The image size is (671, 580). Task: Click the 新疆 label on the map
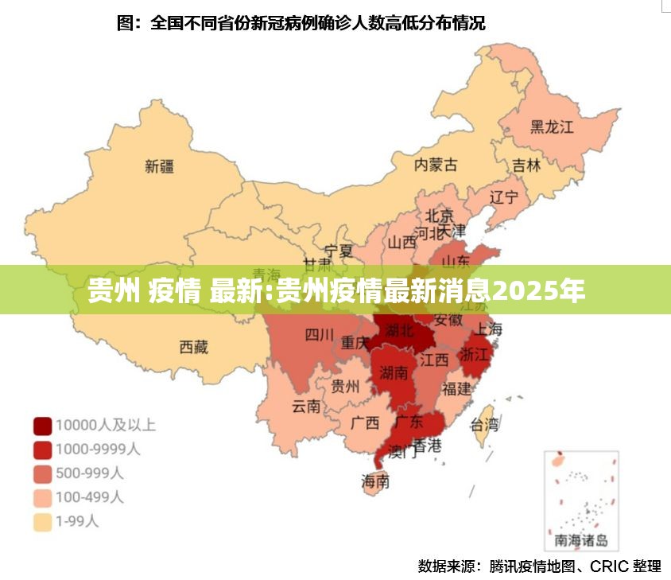pos(159,166)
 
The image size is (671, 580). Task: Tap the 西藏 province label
pos(193,347)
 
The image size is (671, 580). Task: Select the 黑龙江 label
pos(552,127)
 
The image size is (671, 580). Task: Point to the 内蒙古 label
pos(436,165)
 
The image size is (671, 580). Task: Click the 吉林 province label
pos(526,165)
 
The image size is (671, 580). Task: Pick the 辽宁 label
pos(503,197)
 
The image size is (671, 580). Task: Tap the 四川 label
pos(320,335)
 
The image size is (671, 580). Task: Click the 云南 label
pos(306,407)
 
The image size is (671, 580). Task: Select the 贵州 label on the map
pos(345,387)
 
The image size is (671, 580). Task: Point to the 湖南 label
pos(394,372)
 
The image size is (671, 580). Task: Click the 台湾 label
pos(485,423)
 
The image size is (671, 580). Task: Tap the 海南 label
pos(375,481)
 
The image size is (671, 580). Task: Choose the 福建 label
pos(456,388)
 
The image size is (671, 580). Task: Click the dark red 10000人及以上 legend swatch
pos(42,425)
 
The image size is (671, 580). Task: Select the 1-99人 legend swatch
pos(42,522)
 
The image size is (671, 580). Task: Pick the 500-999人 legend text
pos(90,473)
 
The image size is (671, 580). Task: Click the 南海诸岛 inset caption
pos(581,541)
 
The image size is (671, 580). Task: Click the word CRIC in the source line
pos(609,566)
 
